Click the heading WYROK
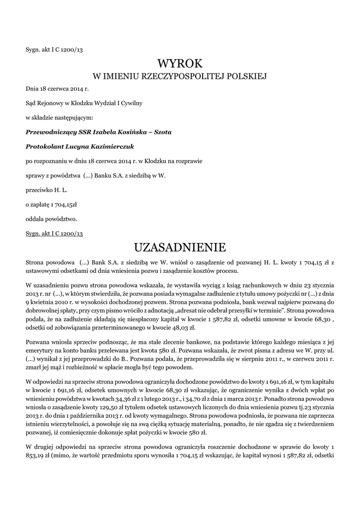pos(180,63)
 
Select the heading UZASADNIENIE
pos(180,247)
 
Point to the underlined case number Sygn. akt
pos(54,233)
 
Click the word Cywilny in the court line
pos(131,103)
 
